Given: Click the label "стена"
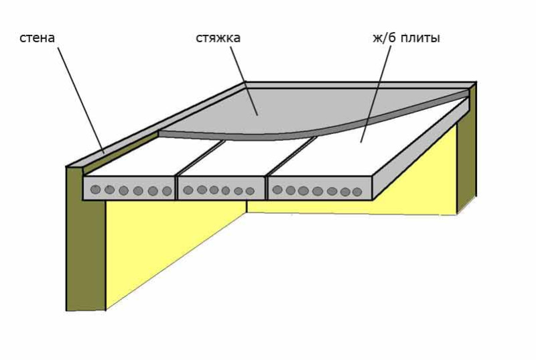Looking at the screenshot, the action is pos(37,38).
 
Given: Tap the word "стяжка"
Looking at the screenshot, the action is pos(218,38).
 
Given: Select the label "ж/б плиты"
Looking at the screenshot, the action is pos(406,38).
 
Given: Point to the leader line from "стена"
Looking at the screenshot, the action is pos(80,100).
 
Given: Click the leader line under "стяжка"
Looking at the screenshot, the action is pos(244,80).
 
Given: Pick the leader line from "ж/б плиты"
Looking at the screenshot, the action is pos(376,93).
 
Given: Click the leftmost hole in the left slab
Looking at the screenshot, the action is pos(95,190).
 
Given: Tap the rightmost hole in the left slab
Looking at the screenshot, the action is pos(167,191).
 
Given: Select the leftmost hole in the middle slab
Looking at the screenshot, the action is pos(188,190).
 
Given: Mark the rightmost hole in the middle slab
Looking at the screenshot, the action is pos(250,191).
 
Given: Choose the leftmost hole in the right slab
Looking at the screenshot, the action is pos(277,190).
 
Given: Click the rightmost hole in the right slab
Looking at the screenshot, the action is pos(356,192).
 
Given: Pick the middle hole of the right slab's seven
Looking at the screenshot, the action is pos(318,191).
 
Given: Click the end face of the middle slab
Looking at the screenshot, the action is pos(221,188).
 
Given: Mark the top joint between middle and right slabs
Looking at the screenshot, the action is pos(291,157).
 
